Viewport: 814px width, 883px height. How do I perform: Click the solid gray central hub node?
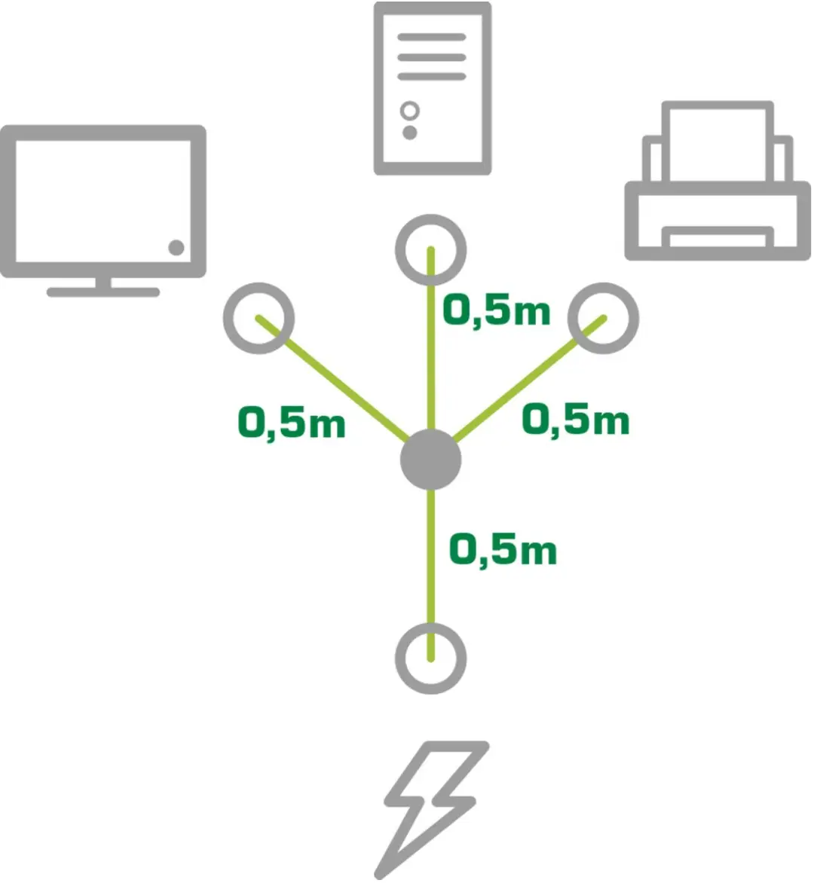click(431, 460)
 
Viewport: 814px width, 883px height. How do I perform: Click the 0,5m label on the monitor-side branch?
click(291, 423)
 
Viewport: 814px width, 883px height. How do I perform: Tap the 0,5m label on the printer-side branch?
click(575, 420)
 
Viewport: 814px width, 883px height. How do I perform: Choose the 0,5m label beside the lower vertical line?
click(503, 550)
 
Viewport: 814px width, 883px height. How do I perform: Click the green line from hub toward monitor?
click(332, 378)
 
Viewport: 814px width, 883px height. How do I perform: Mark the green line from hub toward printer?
click(529, 378)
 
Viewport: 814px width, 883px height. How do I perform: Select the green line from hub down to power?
click(431, 574)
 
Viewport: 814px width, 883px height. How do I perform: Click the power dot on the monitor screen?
click(176, 247)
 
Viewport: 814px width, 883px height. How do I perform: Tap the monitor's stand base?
click(103, 292)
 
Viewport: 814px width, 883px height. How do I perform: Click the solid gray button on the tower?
click(410, 133)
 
